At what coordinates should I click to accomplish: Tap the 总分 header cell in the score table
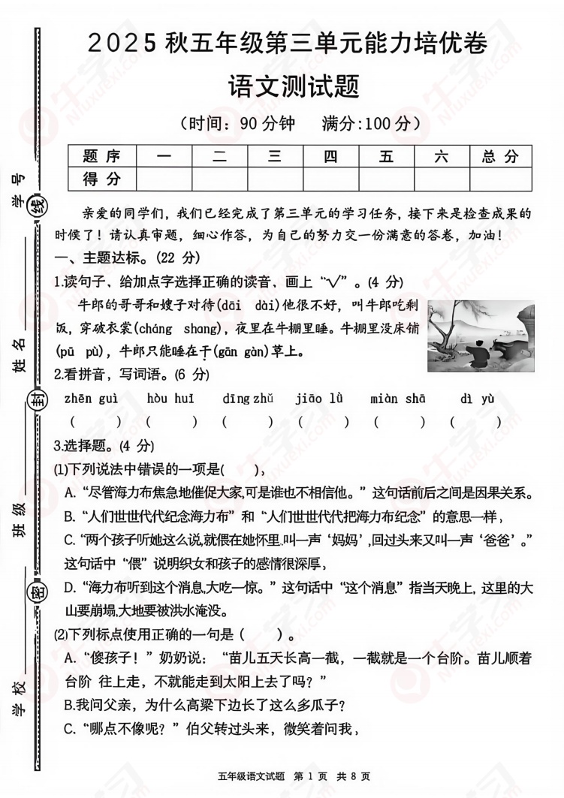click(x=500, y=156)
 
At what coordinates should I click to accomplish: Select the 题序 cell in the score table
click(x=102, y=156)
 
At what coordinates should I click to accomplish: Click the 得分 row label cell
click(x=102, y=179)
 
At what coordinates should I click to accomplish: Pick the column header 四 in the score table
click(x=330, y=156)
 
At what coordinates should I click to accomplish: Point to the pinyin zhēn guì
click(x=91, y=398)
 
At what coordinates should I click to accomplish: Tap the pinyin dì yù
click(x=477, y=398)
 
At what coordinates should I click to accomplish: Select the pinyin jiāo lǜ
click(x=323, y=398)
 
